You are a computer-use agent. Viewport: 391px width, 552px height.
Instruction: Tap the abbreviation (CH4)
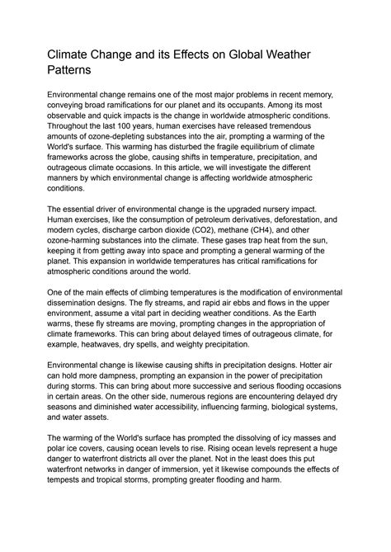tap(290, 231)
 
